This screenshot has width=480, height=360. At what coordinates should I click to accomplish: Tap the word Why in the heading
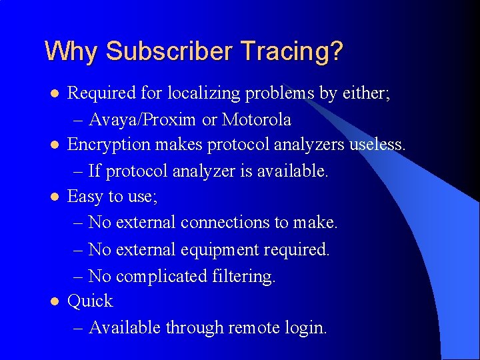click(x=71, y=51)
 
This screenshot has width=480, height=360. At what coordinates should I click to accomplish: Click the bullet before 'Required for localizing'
click(x=55, y=94)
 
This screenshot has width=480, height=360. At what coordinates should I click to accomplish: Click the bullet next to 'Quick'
click(x=55, y=302)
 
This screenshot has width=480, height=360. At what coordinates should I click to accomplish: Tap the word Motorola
click(x=256, y=120)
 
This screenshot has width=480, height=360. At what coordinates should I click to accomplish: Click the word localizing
click(x=206, y=93)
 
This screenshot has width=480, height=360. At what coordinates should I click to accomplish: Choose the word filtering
click(x=243, y=276)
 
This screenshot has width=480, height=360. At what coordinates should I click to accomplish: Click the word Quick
click(x=91, y=301)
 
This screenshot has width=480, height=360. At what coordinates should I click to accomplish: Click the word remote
click(x=253, y=328)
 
